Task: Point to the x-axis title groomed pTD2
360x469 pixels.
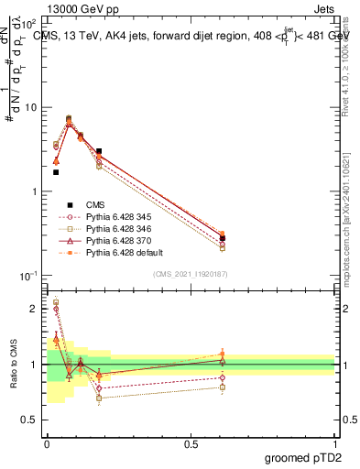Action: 303,456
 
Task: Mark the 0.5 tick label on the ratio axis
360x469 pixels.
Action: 28,420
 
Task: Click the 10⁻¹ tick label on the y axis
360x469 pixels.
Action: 27,276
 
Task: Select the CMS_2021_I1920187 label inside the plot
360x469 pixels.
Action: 190,274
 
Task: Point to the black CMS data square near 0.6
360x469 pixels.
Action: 223,238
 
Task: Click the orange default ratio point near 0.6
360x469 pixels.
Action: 223,354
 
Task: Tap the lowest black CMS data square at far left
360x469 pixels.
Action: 56,171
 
